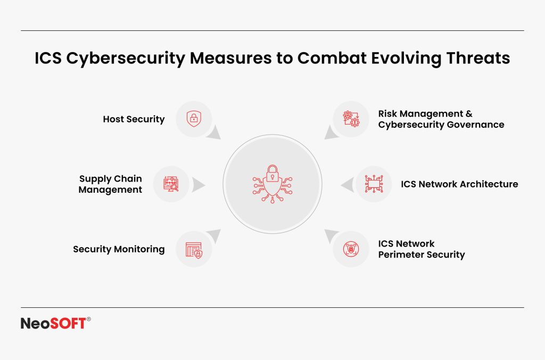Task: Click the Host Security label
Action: pyautogui.click(x=134, y=119)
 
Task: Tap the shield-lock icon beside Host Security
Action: pyautogui.click(x=193, y=119)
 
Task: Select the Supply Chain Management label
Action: pyautogui.click(x=110, y=184)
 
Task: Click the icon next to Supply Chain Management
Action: pyautogui.click(x=171, y=184)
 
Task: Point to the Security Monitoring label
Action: pyautogui.click(x=119, y=249)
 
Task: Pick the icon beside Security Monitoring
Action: pyautogui.click(x=193, y=249)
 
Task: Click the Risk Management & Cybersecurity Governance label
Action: pyautogui.click(x=441, y=119)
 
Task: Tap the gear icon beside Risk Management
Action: pyautogui.click(x=351, y=119)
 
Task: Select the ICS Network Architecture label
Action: pyautogui.click(x=459, y=184)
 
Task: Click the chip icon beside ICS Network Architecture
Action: pyautogui.click(x=373, y=184)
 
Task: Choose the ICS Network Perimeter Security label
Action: pyautogui.click(x=422, y=249)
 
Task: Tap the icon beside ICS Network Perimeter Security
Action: pyautogui.click(x=351, y=249)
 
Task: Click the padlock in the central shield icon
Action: pyautogui.click(x=272, y=173)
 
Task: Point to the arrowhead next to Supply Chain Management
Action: pyautogui.click(x=198, y=185)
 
